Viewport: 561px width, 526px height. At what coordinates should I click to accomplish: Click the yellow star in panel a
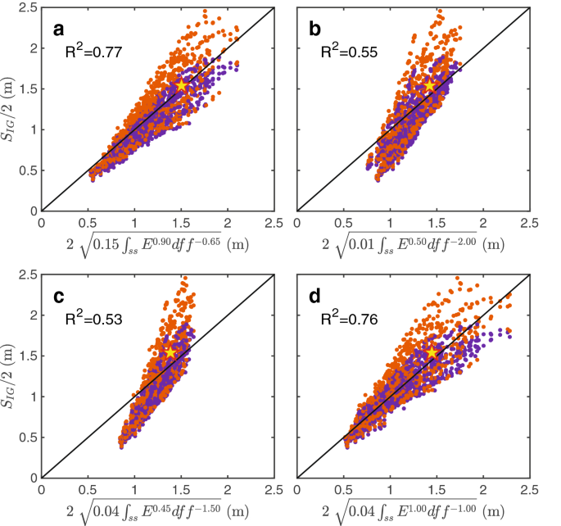(182, 85)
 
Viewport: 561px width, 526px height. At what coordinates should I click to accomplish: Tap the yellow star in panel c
(170, 350)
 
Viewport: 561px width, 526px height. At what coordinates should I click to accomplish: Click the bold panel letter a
(58, 30)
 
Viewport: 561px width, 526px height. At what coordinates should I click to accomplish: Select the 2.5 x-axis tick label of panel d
(528, 490)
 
